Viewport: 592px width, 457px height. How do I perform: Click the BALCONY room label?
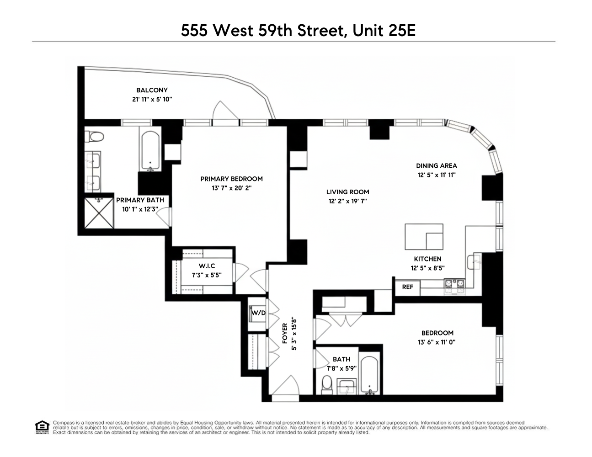(x=152, y=90)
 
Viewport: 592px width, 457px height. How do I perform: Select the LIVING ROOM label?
(x=347, y=192)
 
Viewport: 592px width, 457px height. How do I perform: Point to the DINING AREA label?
(x=436, y=166)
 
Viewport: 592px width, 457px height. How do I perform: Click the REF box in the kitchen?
(x=407, y=287)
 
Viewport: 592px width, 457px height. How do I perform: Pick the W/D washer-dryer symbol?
(x=258, y=313)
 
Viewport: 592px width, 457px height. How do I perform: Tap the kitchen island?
(x=424, y=236)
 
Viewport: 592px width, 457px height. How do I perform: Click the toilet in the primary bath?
(x=96, y=136)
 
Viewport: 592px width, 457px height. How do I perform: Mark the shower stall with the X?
(x=98, y=213)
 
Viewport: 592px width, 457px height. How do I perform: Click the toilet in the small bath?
(x=327, y=384)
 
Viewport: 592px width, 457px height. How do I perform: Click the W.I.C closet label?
(x=207, y=266)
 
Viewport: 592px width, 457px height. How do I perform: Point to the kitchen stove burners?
(x=454, y=285)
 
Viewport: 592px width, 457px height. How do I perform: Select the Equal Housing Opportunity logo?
(x=42, y=427)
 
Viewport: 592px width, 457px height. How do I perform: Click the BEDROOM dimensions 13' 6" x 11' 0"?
(x=437, y=342)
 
